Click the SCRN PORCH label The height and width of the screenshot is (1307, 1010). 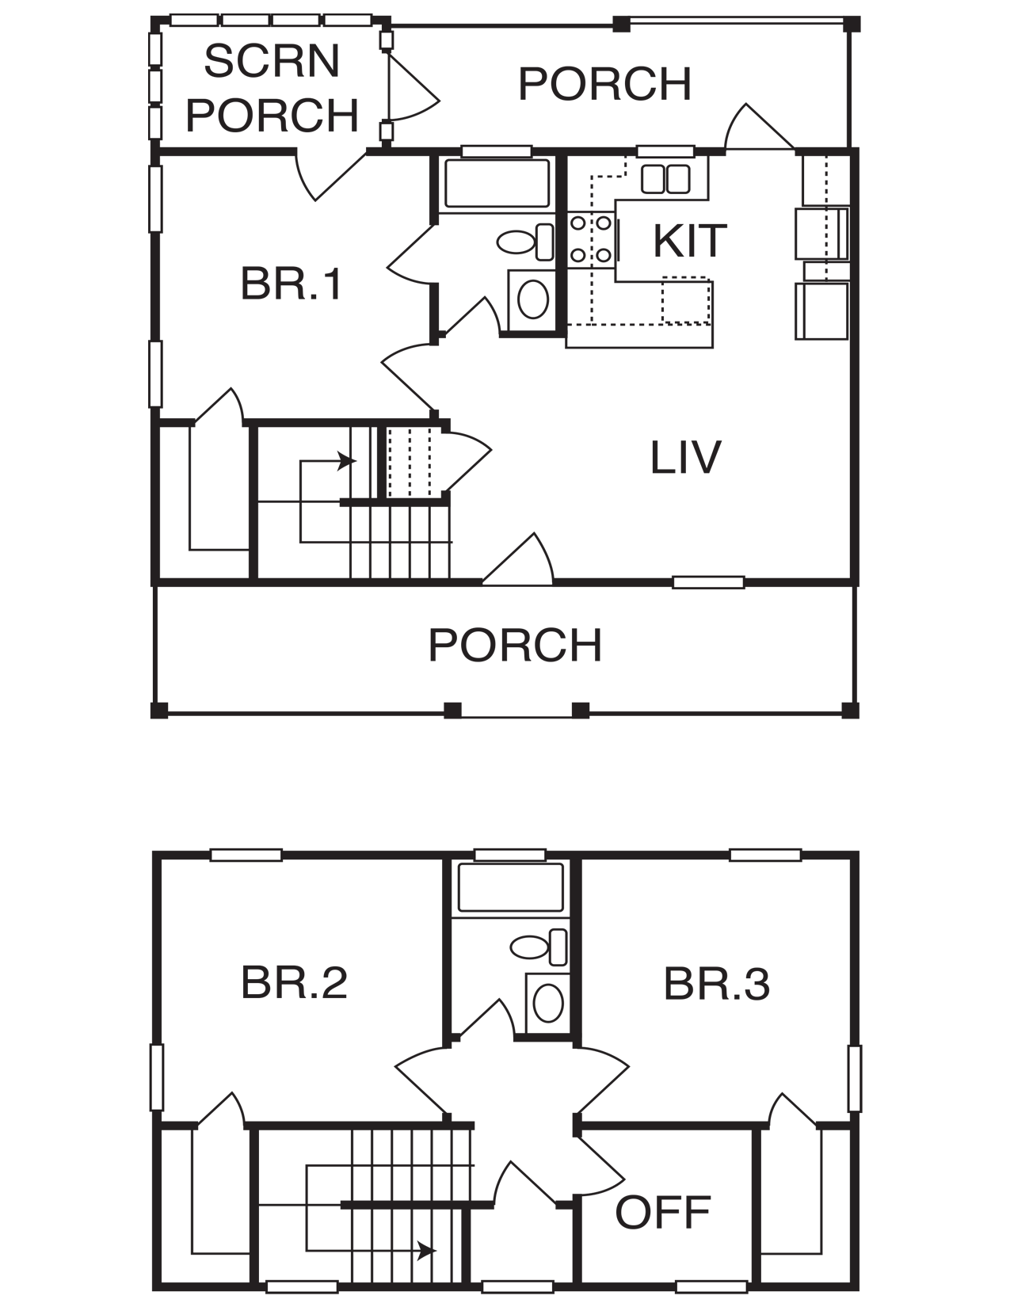click(272, 88)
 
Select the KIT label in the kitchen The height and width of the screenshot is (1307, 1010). click(690, 241)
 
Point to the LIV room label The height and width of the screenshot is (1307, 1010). click(685, 457)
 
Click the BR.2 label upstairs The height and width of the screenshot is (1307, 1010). click(294, 983)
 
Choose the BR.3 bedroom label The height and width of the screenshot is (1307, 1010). click(716, 984)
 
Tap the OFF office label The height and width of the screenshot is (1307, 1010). click(663, 1213)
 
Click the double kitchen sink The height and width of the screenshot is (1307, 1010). click(665, 179)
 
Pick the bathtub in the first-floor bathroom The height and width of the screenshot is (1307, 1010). click(497, 182)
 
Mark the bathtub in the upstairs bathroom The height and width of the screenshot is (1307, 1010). click(511, 887)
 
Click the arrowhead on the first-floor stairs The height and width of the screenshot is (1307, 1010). click(347, 461)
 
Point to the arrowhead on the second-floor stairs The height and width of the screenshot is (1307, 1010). click(426, 1251)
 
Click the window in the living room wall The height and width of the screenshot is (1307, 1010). click(708, 582)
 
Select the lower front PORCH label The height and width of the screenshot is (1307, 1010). click(515, 646)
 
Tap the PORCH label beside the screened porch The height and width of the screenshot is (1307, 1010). click(604, 84)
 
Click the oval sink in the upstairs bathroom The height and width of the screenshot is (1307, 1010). click(548, 1004)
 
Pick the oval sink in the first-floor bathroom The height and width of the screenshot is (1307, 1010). click(533, 299)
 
